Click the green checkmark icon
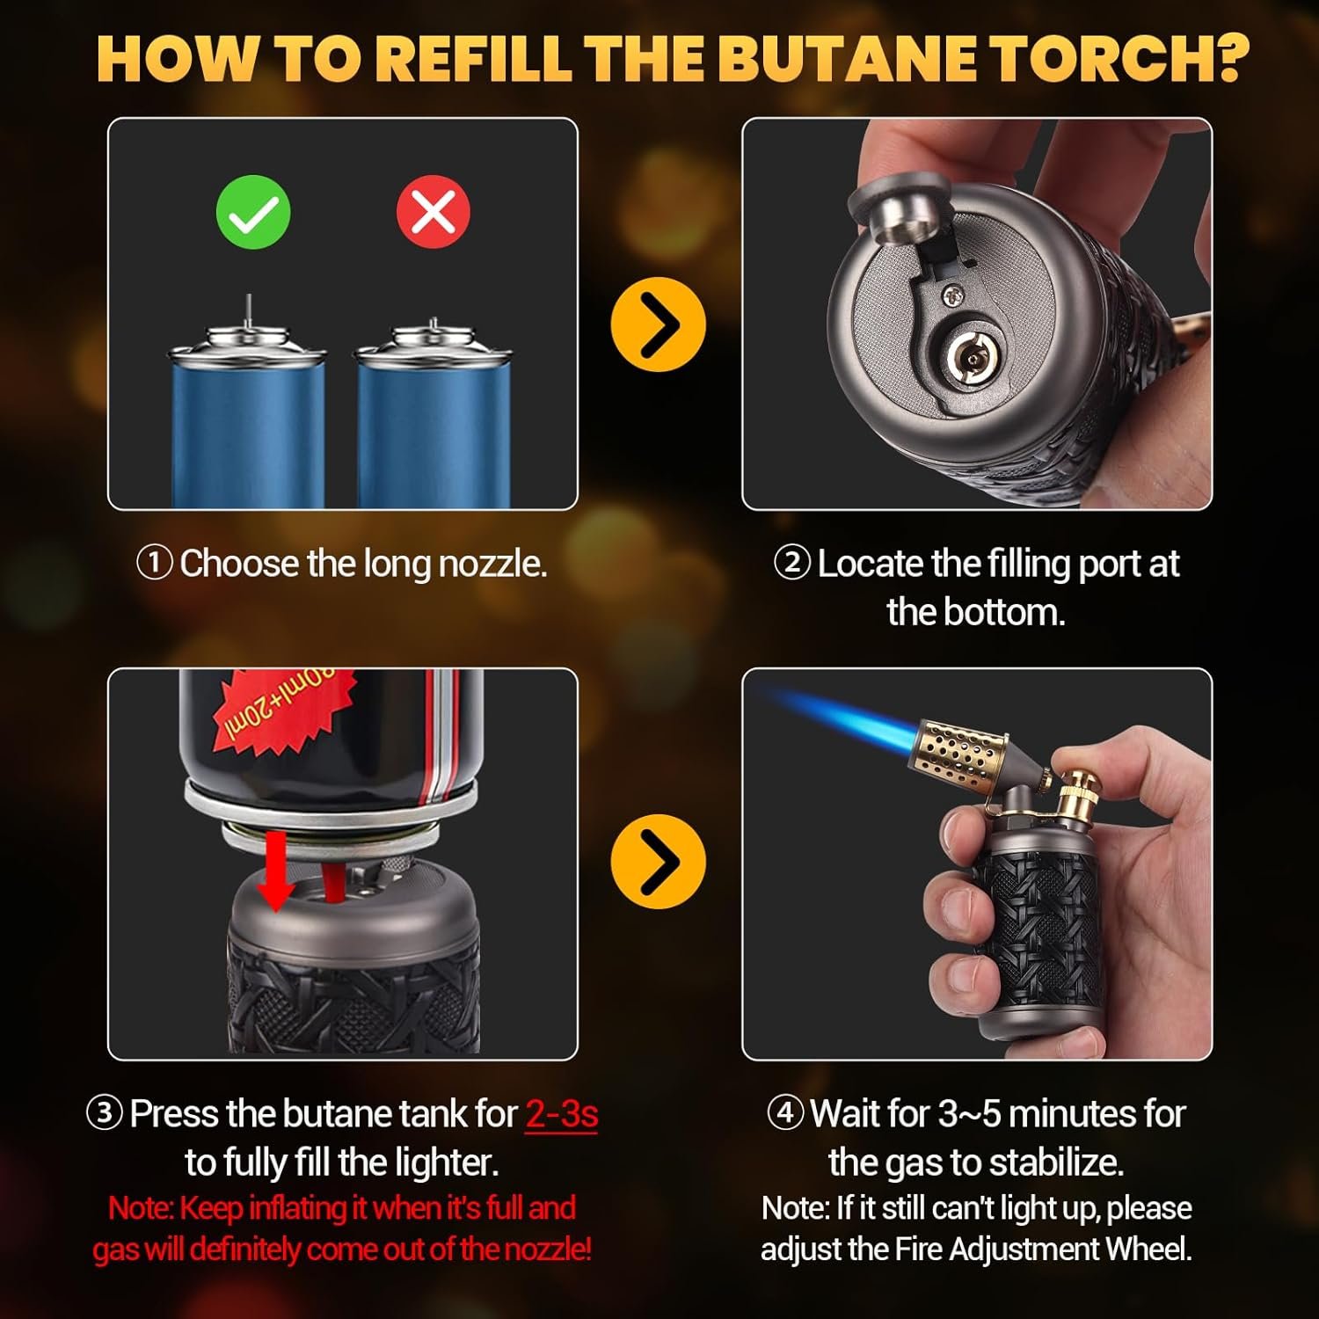pyautogui.click(x=253, y=212)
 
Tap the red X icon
pyautogui.click(x=433, y=212)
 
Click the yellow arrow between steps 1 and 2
pyautogui.click(x=658, y=324)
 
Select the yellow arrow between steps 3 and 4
pyautogui.click(x=658, y=861)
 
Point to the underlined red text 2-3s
pyautogui.click(x=561, y=1114)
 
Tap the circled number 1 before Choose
pyautogui.click(x=155, y=563)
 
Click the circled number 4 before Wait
pyautogui.click(x=785, y=1112)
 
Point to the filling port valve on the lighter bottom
pyautogui.click(x=971, y=356)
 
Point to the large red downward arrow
pyautogui.click(x=276, y=871)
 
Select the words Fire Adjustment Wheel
pyautogui.click(x=1043, y=1250)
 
